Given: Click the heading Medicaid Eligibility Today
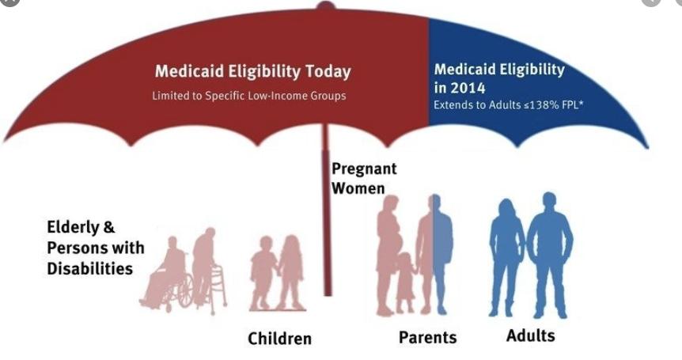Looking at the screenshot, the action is coord(252,72).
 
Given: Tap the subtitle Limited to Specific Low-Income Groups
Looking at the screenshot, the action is coord(249,96).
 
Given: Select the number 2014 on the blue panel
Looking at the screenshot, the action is coord(468,89).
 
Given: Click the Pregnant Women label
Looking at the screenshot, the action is coord(364,179).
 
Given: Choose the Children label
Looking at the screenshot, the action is coord(279,339).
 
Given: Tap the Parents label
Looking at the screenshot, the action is coord(427,337).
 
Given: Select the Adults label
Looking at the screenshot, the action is coord(531,335).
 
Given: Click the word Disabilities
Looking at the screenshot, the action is coord(90,269).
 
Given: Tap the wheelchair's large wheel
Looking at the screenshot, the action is coord(186,291).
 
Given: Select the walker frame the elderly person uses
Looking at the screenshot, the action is coord(218,287).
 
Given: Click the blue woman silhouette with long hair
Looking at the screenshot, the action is coord(506,256).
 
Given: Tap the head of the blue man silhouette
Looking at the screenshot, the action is coord(549,203).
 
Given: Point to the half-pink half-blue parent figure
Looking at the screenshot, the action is coord(434,254).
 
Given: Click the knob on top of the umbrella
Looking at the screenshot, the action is coord(326,6).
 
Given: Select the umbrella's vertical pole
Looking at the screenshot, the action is coord(327,209).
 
